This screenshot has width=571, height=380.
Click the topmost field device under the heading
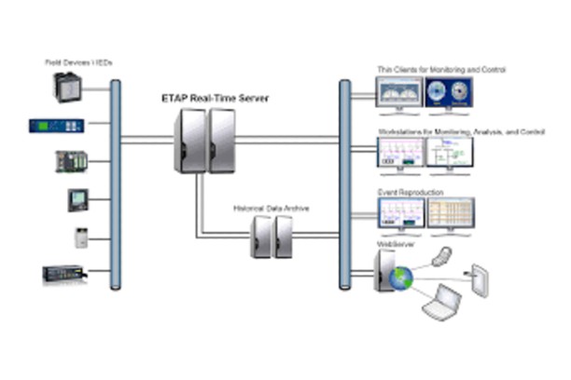pos(68,88)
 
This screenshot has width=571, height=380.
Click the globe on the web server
pos(403,278)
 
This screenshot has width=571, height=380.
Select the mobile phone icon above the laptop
pos(447,255)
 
